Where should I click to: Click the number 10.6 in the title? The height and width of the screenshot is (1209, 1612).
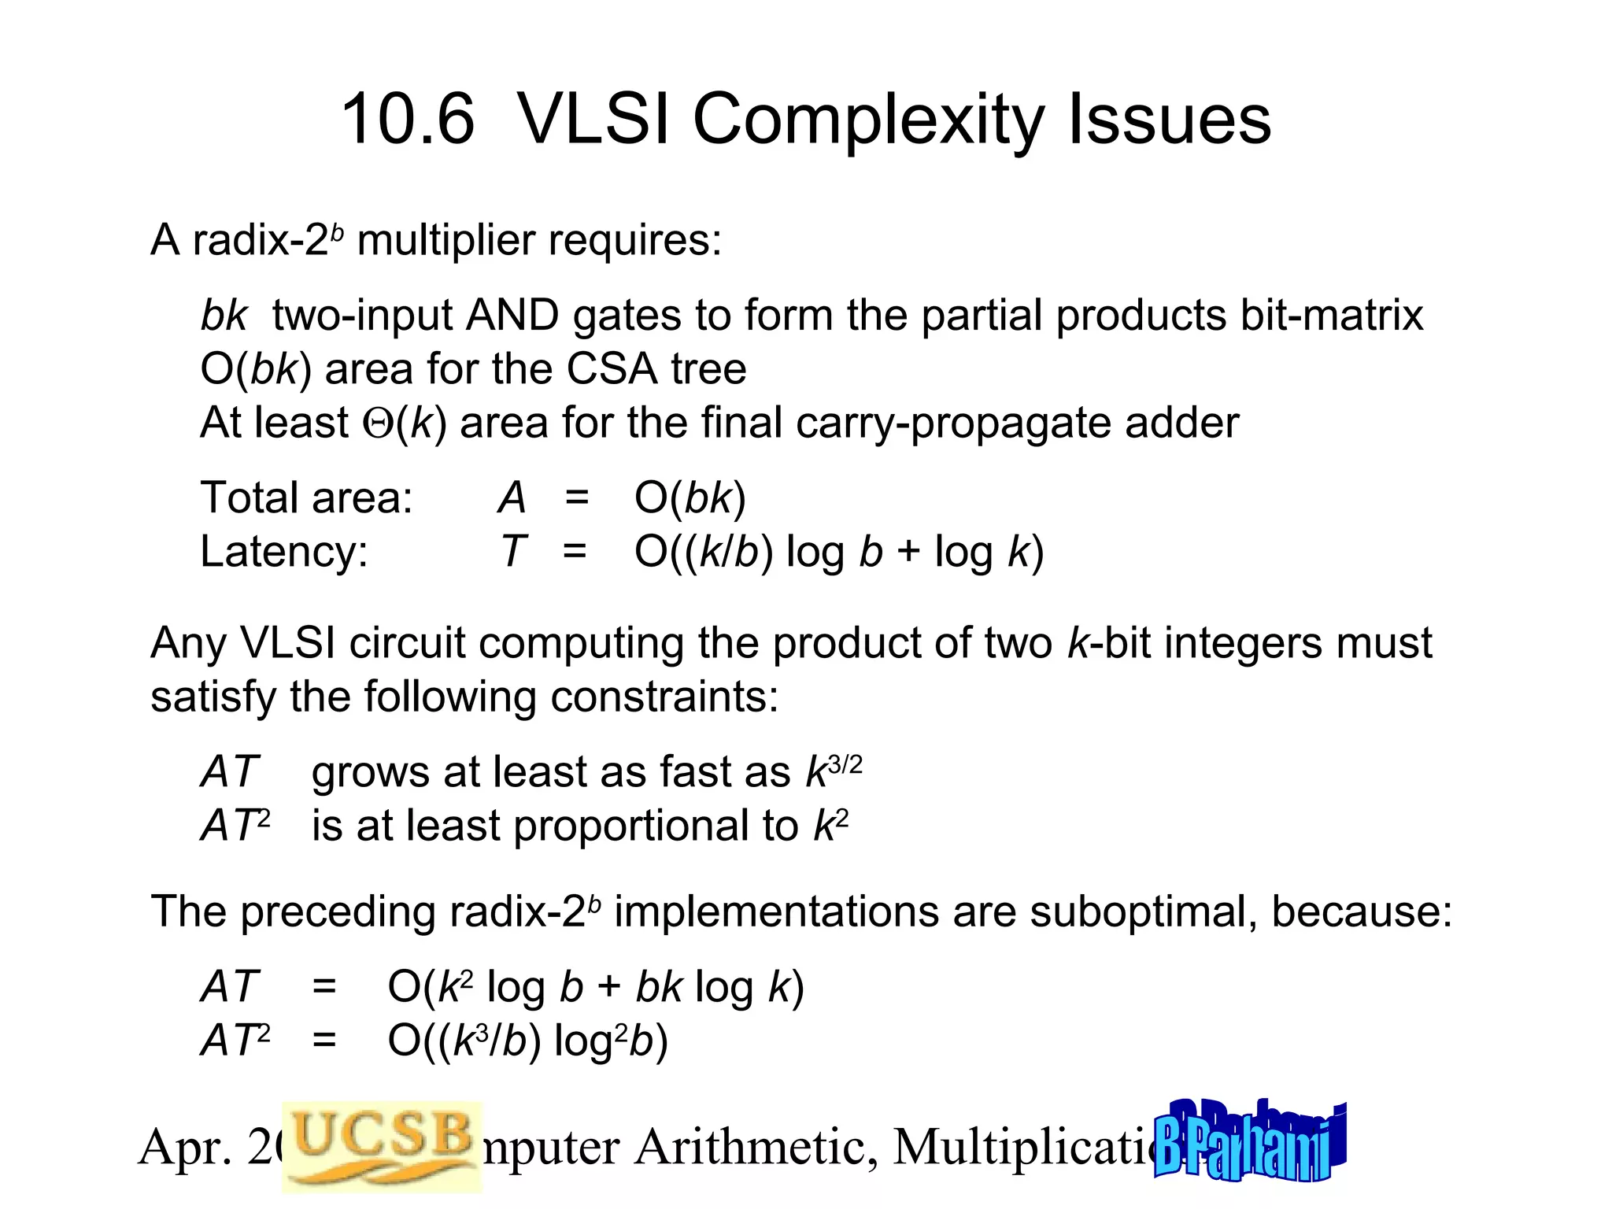tap(408, 120)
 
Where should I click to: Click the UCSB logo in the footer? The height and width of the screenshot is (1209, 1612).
tap(382, 1145)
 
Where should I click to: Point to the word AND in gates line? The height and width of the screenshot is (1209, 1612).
tap(512, 316)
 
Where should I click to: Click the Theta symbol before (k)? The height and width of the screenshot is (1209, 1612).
tap(378, 423)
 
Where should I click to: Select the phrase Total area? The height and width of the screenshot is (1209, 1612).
tap(306, 498)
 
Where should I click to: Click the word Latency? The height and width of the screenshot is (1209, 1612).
tap(283, 552)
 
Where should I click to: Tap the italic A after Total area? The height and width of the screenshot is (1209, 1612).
tap(512, 498)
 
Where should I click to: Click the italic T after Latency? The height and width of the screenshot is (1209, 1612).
tap(513, 552)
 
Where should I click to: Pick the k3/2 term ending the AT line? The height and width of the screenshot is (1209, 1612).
tap(833, 771)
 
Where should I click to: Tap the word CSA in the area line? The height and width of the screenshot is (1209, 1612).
tap(611, 370)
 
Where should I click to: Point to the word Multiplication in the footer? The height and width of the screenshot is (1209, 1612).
tap(1023, 1147)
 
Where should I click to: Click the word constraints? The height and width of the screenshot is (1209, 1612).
tap(664, 697)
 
